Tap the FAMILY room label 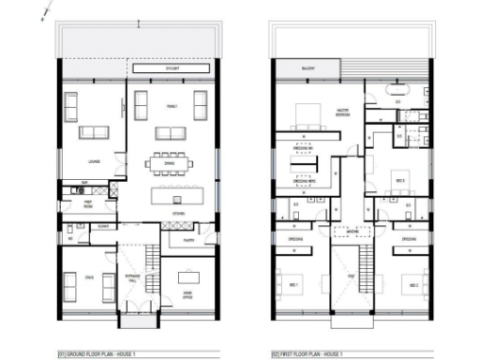click(172, 107)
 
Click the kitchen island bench click(174, 198)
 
